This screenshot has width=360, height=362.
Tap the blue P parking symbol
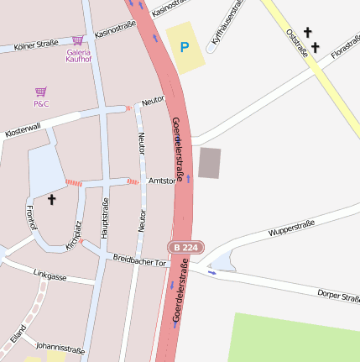(184, 47)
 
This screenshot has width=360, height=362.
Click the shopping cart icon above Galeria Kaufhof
(78, 39)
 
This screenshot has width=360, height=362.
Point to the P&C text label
(41, 103)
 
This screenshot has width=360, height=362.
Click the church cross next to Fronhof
(51, 199)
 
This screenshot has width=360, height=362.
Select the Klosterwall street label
(23, 130)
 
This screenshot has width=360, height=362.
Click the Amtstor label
(161, 181)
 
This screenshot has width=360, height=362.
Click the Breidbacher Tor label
(140, 261)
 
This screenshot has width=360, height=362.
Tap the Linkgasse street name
(50, 274)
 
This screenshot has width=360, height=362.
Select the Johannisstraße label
(60, 345)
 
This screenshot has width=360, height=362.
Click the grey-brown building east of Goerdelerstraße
(210, 162)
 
